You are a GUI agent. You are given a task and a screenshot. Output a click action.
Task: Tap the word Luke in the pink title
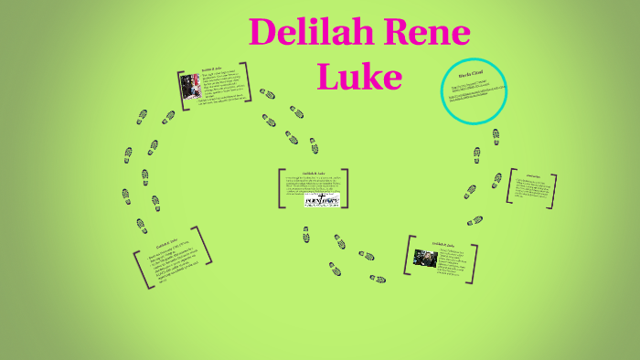click(358, 77)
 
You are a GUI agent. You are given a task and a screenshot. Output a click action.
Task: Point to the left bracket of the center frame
click(281, 187)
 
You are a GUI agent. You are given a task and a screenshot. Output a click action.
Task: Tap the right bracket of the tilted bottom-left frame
click(207, 245)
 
